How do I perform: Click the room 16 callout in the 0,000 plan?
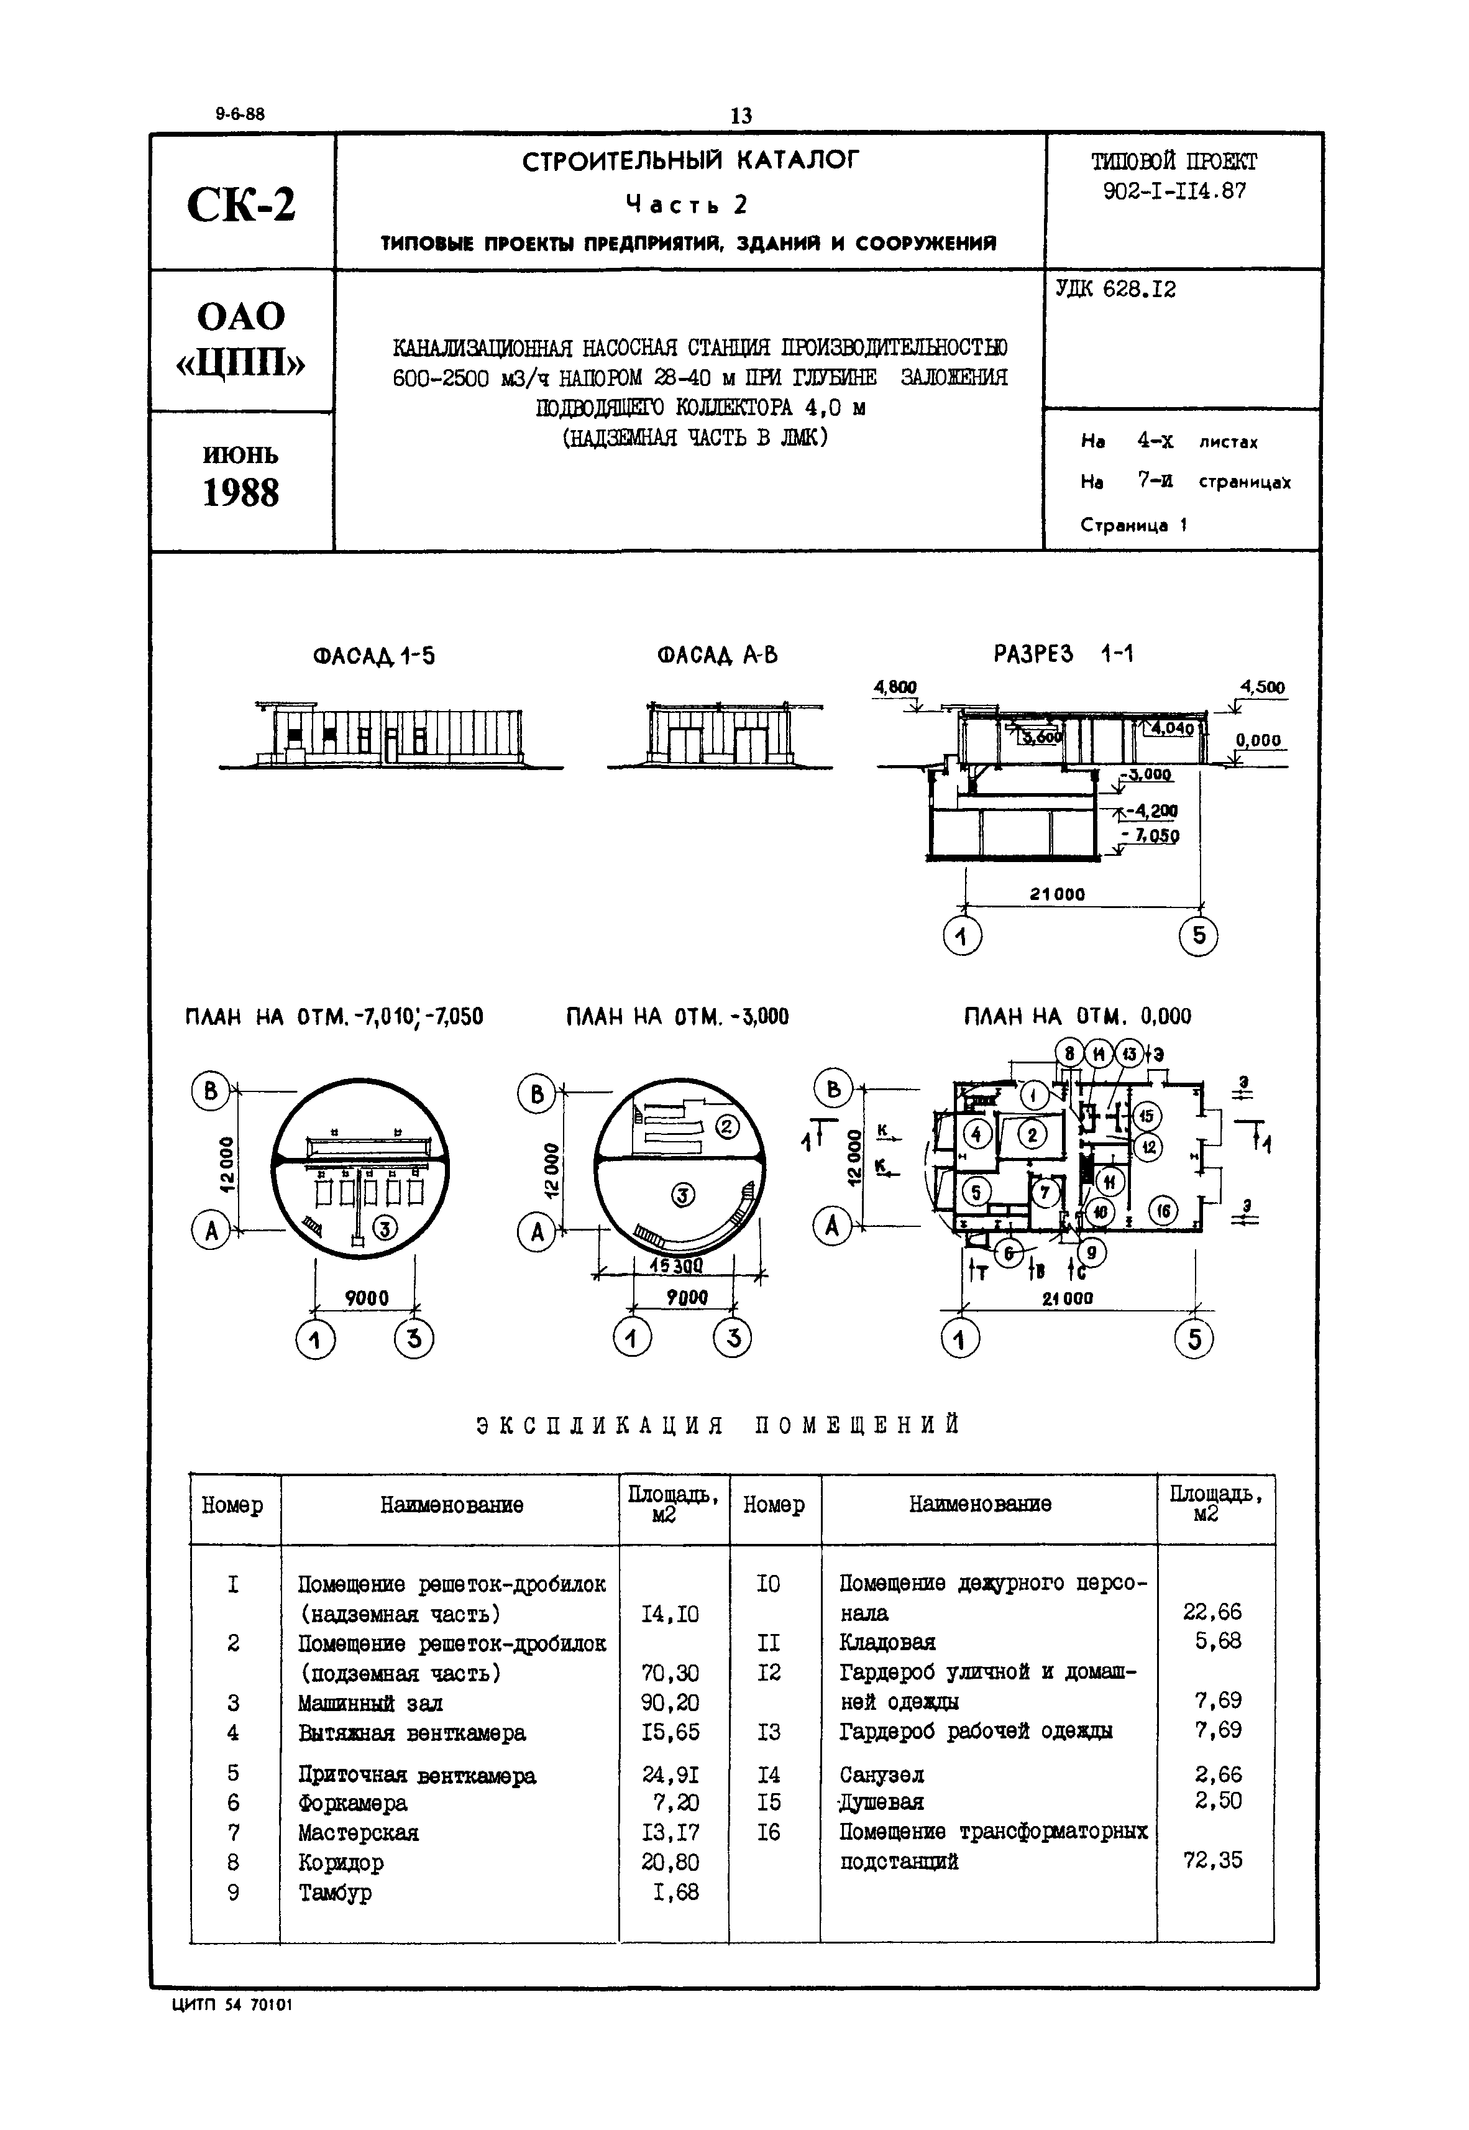pos(1163,1210)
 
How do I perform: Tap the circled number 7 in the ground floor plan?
pos(1044,1193)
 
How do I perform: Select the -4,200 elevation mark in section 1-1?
pos(1151,811)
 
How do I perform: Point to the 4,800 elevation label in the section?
pos(895,687)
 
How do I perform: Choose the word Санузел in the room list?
pos(881,1774)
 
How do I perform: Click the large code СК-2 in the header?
pos(241,204)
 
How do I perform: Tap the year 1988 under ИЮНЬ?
pos(240,493)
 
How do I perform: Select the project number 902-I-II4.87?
pos(1174,191)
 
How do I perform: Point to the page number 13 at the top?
pos(740,116)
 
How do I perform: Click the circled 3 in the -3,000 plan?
pos(682,1196)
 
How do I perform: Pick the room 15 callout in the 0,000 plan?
pos(1146,1116)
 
